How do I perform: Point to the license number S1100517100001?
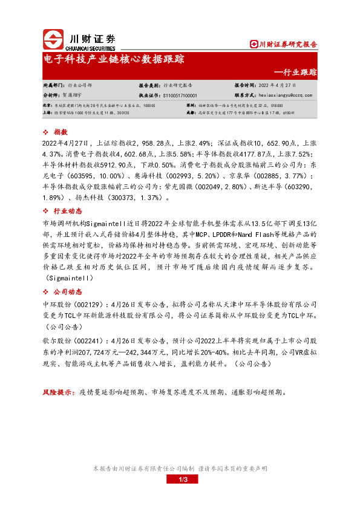pos(180,95)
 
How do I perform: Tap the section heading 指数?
pos(60,131)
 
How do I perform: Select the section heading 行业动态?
pos(67,210)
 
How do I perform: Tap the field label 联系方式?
pos(246,95)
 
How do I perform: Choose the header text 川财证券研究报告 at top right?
pos(287,44)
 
